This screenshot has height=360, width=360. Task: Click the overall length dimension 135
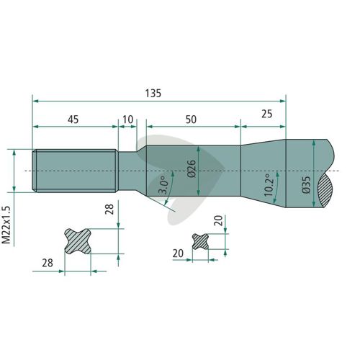click(x=153, y=94)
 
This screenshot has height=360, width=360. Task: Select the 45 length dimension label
click(x=73, y=120)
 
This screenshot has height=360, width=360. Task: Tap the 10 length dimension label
click(x=127, y=120)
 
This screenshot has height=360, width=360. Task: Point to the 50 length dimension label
click(x=191, y=120)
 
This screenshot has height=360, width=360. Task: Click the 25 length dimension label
click(x=267, y=114)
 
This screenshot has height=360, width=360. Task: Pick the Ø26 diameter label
click(x=192, y=168)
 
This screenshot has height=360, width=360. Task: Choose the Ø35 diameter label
click(x=306, y=185)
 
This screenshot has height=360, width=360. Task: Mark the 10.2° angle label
click(x=269, y=184)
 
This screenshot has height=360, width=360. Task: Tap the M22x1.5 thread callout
click(x=7, y=225)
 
